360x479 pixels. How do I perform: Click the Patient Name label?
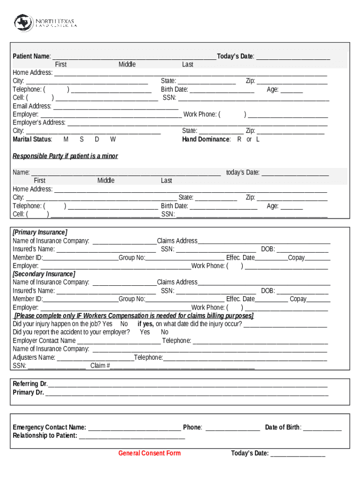(32, 57)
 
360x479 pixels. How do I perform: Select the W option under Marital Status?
(113, 139)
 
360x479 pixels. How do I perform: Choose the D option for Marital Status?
(97, 139)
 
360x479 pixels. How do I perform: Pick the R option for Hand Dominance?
(239, 139)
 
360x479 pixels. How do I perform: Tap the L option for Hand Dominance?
(258, 139)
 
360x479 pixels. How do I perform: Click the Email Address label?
(32, 106)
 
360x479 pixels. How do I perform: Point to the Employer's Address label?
(39, 123)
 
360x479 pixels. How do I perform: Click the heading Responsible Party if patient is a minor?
(65, 156)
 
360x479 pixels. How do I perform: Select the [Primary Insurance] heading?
(40, 232)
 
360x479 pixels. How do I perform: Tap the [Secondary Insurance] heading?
(43, 274)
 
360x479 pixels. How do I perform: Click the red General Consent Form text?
(149, 453)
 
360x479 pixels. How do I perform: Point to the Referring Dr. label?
(30, 384)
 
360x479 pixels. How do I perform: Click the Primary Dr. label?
(29, 392)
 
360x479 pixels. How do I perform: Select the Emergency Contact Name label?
(49, 428)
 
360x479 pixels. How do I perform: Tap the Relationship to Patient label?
(45, 436)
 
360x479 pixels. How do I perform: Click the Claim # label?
(100, 366)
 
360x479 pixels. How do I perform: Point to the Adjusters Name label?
(34, 357)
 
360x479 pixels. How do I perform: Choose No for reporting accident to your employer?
(165, 332)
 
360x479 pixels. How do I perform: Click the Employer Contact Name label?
(44, 341)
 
